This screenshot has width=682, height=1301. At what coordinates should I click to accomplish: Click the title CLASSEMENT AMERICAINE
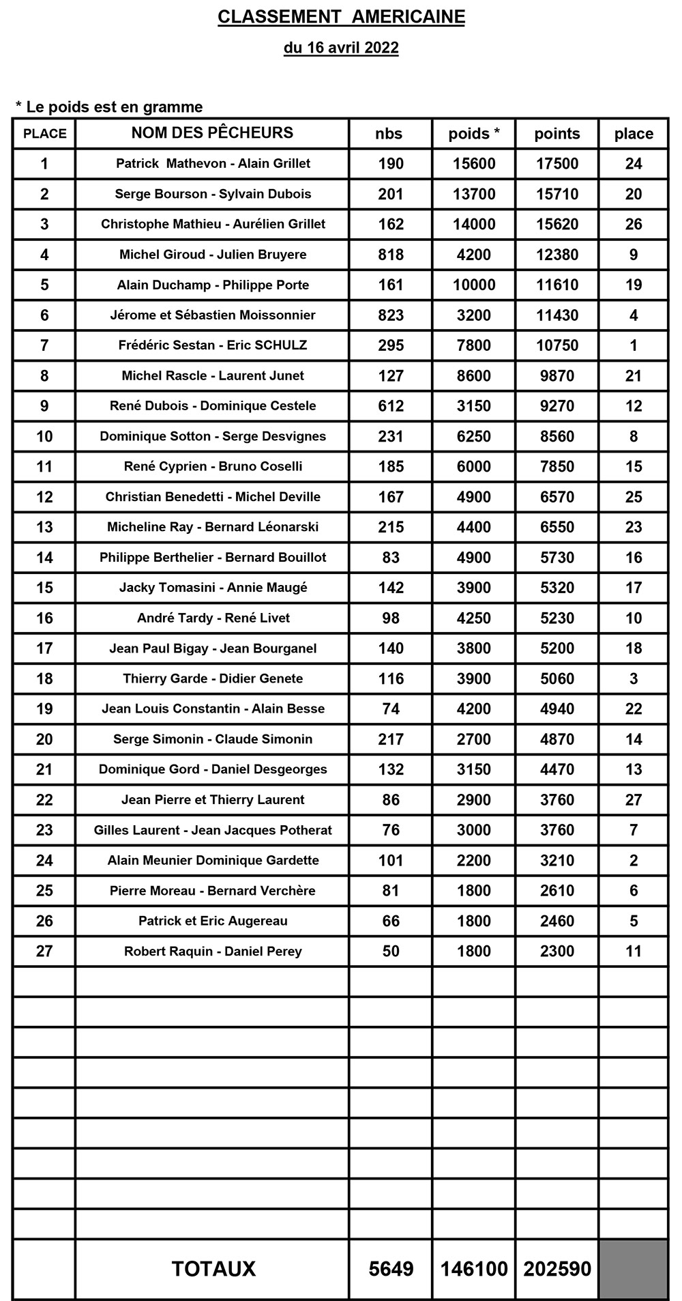click(341, 17)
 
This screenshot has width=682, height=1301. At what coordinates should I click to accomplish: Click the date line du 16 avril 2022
click(341, 48)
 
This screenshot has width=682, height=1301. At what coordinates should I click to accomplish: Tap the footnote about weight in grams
click(109, 107)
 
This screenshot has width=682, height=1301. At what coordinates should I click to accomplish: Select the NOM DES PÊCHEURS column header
click(212, 132)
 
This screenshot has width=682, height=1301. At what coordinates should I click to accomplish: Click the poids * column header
click(474, 134)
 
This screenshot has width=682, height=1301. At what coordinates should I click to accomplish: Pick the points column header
click(557, 134)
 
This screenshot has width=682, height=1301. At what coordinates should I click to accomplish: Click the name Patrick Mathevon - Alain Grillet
click(213, 164)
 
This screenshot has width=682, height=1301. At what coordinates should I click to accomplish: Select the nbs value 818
click(391, 255)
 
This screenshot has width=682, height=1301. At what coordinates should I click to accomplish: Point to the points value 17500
click(557, 164)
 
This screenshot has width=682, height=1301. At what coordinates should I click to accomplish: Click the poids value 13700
click(474, 194)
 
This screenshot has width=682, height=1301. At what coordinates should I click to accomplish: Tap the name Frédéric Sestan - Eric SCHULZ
click(213, 345)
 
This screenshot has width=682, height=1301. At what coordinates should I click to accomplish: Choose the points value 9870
click(557, 375)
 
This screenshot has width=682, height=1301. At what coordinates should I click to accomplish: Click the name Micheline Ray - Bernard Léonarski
click(213, 527)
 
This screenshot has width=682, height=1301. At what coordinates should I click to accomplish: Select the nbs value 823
click(391, 315)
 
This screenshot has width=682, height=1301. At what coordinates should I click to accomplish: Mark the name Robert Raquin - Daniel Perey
click(213, 952)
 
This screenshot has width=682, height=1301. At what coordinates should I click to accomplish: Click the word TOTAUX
click(213, 1269)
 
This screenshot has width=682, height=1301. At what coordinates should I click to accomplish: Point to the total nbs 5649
click(391, 1269)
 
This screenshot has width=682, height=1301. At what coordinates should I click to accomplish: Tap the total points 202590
click(557, 1269)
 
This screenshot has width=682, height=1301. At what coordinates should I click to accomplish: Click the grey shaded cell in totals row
click(634, 1269)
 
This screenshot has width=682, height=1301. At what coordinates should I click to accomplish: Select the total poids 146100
click(474, 1269)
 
